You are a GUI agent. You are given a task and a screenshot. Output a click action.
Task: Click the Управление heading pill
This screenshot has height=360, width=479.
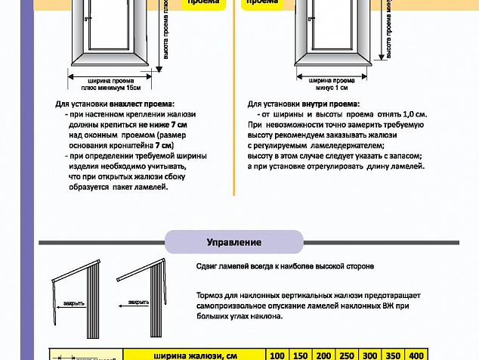234,242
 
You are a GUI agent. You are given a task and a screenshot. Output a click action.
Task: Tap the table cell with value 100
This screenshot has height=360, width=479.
276,355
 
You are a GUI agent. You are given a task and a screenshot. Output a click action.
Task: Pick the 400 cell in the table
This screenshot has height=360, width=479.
416,355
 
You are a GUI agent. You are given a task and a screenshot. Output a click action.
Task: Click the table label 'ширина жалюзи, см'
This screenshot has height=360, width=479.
195,355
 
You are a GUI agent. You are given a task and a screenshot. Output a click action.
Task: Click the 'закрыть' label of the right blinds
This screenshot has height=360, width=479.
138,302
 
